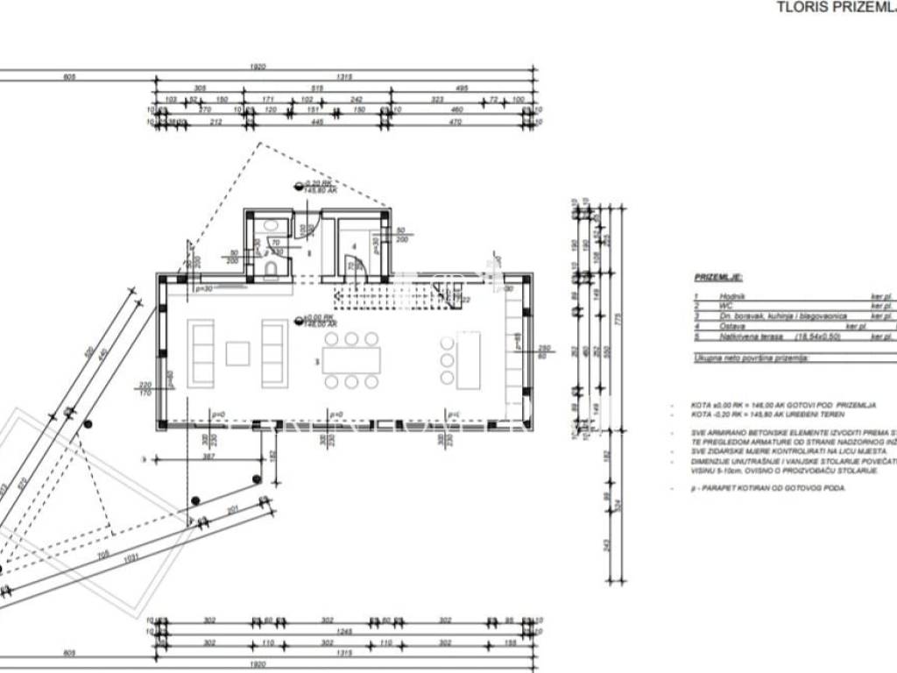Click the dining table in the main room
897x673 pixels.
coord(350,360)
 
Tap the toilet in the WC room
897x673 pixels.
coord(272,268)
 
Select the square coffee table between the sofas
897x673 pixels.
coord(237,353)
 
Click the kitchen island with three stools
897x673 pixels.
coord(467,359)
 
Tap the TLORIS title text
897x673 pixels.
coord(800,7)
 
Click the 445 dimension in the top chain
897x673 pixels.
coord(318,122)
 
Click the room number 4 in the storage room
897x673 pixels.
coord(354,246)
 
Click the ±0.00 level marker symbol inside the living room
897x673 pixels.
coord(300,320)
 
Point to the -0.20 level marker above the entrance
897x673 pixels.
coord(299,186)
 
